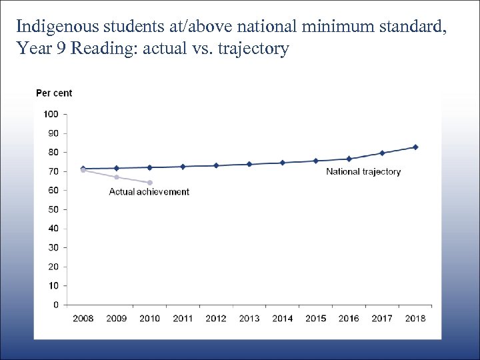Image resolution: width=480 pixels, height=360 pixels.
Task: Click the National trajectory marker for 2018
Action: coord(415,147)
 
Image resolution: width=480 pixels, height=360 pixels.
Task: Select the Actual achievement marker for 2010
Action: coord(149,183)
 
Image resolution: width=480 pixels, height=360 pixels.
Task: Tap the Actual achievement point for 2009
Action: coord(117,177)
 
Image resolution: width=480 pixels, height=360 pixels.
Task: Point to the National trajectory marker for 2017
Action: coord(382,153)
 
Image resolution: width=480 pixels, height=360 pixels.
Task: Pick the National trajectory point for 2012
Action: coord(216,165)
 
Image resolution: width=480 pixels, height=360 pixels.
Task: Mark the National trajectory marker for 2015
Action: coord(316,161)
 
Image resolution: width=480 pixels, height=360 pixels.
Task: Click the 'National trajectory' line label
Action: coord(363,172)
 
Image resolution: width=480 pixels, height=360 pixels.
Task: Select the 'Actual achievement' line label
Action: coord(149,192)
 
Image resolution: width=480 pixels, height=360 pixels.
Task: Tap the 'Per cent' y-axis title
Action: coord(54,93)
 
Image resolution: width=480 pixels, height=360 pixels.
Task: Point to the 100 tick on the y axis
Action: coord(51,114)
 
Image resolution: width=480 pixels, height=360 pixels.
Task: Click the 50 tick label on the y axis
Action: coord(52,209)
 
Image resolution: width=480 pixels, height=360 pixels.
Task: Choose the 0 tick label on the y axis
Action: coord(55,305)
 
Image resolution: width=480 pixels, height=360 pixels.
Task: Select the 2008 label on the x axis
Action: coord(83,319)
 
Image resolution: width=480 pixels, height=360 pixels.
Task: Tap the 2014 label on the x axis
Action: coord(283,319)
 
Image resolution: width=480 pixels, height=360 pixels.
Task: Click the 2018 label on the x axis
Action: coord(415,319)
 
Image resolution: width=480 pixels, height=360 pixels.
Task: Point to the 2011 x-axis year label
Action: coord(183,319)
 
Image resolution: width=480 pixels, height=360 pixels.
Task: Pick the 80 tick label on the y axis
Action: coord(52,152)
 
